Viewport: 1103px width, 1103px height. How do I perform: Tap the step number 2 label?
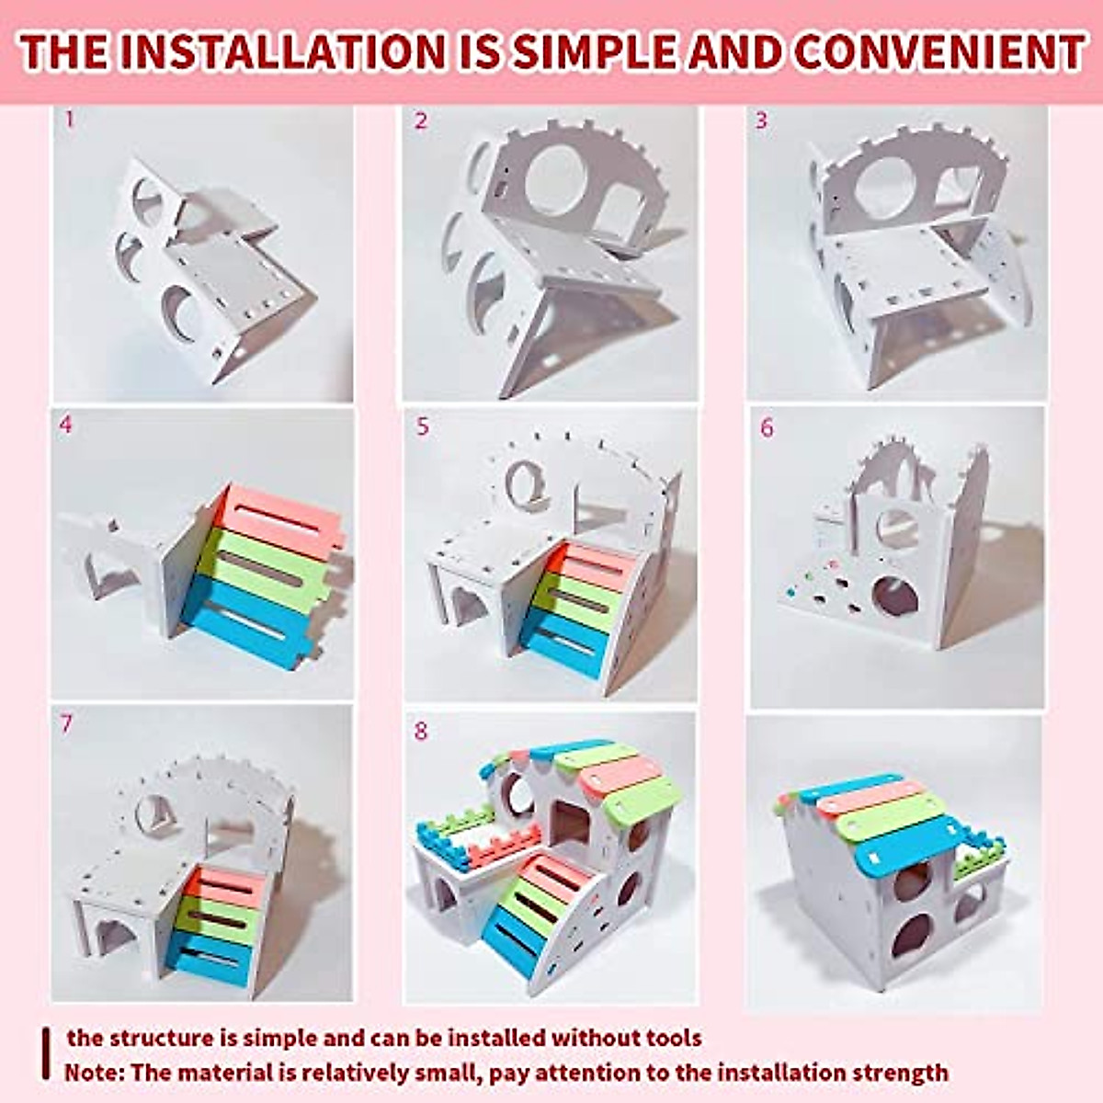(421, 120)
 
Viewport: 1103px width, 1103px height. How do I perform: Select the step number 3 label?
(761, 120)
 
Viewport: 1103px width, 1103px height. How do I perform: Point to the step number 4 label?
(64, 426)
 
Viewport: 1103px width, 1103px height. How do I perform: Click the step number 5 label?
(422, 427)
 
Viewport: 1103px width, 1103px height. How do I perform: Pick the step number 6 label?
(767, 428)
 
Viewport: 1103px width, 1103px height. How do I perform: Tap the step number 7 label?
(65, 723)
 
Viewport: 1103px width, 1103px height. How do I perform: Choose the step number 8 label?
(421, 731)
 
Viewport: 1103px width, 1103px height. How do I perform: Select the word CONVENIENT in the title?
(938, 52)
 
